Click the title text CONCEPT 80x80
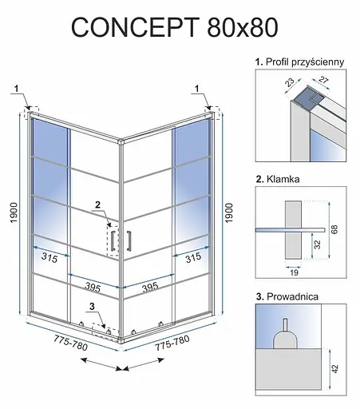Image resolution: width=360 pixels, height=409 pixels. coord(175,27)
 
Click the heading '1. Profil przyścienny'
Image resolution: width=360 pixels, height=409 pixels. coord(300,62)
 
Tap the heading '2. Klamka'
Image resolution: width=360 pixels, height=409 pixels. coord(278,179)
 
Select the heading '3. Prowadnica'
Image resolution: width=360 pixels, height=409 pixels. coord(287,296)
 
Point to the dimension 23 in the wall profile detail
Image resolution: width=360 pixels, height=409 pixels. coord(290,82)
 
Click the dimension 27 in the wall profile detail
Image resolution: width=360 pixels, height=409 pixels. coord(323,80)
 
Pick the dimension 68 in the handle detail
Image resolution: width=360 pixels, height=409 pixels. coord(335,229)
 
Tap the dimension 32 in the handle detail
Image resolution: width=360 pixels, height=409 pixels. coord(317,244)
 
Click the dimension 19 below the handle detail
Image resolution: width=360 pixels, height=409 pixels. coord(294,272)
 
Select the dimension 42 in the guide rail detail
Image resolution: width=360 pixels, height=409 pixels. coord(335,368)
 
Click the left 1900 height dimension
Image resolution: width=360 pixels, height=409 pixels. coord(14,212)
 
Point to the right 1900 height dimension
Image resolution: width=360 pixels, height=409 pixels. coord(229,212)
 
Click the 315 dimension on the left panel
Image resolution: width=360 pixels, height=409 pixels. coord(49,257)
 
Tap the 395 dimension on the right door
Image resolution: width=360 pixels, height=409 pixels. coord(150,288)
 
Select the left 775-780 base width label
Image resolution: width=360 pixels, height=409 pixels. coord(70,343)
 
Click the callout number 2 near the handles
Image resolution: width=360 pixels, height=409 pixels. coord(98,204)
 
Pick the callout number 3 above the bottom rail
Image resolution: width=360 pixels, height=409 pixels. coord(92,307)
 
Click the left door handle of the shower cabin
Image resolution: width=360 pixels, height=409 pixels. coord(113,241)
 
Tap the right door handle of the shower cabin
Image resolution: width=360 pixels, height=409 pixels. coord(129,240)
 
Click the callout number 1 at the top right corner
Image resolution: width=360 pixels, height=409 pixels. coord(197,89)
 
